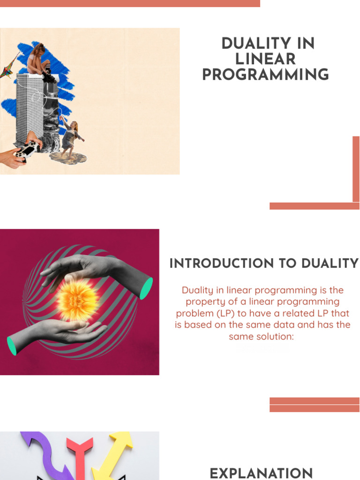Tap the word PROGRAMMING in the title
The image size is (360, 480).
[265, 75]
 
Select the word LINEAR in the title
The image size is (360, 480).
[265, 60]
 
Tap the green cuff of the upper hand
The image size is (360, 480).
[146, 288]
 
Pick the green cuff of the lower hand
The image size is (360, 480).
[12, 345]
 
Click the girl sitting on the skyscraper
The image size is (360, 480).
[41, 61]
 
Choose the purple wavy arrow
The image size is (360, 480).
[44, 455]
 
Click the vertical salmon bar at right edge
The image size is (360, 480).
[356, 169]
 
